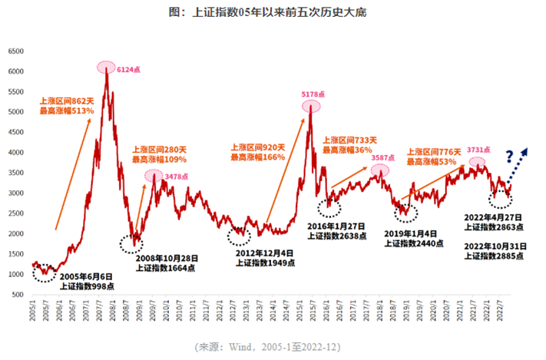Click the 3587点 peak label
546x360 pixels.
[384, 158]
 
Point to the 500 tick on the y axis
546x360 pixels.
[19, 295]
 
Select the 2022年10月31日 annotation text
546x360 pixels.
[495, 246]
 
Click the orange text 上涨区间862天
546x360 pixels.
[68, 101]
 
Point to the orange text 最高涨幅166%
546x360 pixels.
[257, 157]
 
